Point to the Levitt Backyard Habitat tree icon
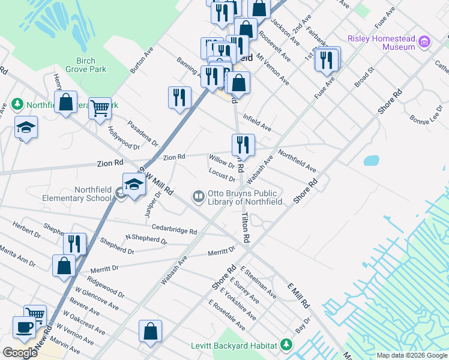(x=287, y=344)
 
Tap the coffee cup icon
(x=25, y=328)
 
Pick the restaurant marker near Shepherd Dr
(x=75, y=243)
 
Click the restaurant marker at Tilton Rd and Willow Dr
(x=243, y=144)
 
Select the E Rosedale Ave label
(x=227, y=315)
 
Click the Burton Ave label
(x=142, y=59)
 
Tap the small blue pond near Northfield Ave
(x=371, y=160)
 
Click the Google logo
(x=20, y=353)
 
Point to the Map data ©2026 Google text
(x=412, y=355)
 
